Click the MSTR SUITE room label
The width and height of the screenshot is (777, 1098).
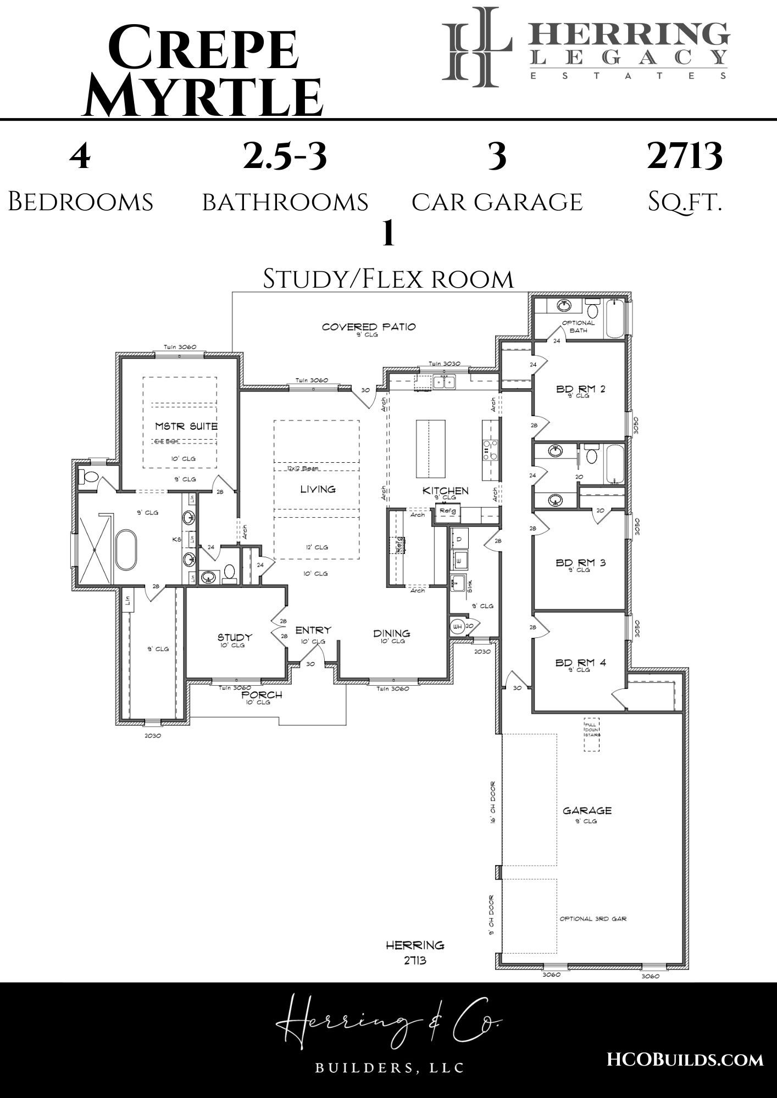coord(186,426)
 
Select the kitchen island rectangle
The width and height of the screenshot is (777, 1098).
coord(430,449)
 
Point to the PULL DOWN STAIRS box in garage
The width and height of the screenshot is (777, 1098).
coord(591,734)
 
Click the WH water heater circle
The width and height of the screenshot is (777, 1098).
coord(457,626)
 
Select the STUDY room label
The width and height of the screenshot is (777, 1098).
coord(235,637)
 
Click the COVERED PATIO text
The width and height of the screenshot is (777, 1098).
coord(369,327)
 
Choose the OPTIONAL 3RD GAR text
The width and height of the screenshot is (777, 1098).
coord(593,918)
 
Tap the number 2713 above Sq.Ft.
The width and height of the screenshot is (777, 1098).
coord(684,156)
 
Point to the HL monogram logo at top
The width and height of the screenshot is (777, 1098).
coord(478,47)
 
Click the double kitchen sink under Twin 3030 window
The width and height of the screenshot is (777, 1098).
coord(443,381)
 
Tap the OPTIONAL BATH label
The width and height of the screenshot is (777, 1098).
coord(578,327)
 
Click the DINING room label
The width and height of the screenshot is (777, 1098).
coord(392,634)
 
